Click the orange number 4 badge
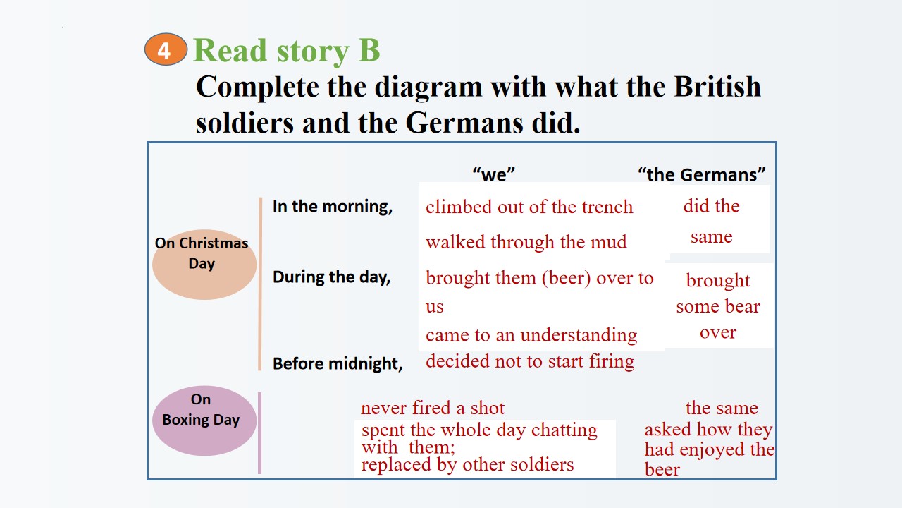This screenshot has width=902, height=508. tap(166, 49)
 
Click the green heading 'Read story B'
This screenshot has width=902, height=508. tap(287, 51)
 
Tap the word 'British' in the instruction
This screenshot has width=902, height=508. tap(717, 86)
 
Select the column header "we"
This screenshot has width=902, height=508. tap(494, 174)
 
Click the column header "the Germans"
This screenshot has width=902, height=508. tap(702, 174)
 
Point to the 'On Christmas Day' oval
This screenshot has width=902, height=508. tap(204, 265)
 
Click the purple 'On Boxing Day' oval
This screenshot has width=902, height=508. tap(204, 421)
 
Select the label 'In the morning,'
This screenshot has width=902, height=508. tap(333, 207)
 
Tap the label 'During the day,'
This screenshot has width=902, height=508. tap(331, 277)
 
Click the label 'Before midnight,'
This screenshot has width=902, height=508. tap(338, 363)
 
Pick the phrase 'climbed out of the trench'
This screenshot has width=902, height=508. tap(529, 207)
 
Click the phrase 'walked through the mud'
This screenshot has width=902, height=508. tap(526, 242)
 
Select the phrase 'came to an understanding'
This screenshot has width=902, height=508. tap(531, 335)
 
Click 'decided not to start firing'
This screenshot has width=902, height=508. tap(530, 361)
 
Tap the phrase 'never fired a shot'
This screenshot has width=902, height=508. tap(432, 408)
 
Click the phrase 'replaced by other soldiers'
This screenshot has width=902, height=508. tap(467, 465)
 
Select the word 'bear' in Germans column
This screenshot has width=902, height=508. tap(743, 306)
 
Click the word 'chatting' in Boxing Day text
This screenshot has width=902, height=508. tap(564, 430)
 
